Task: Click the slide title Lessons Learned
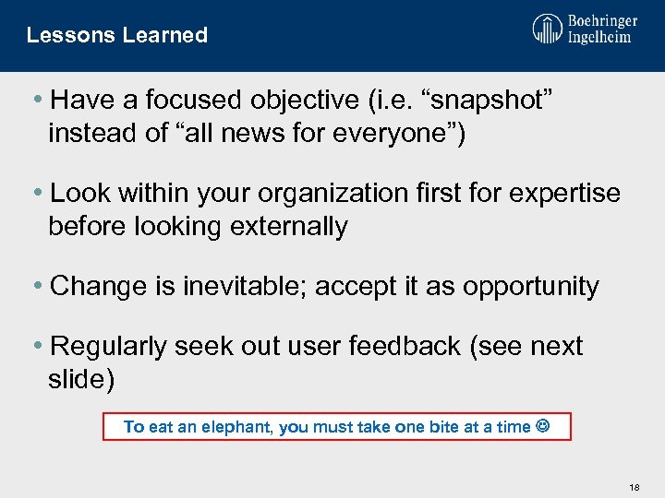click(x=117, y=35)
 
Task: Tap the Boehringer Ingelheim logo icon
click(x=547, y=29)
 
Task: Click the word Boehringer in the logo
click(x=603, y=19)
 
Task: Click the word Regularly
click(x=112, y=347)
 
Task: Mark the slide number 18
click(x=634, y=486)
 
